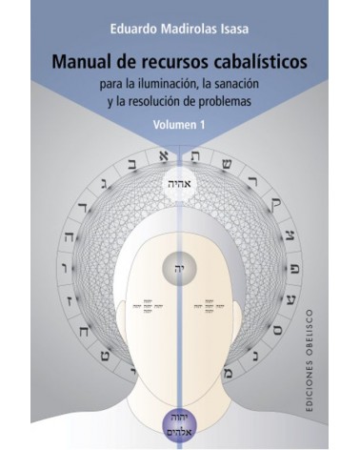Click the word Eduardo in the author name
[x=114, y=16]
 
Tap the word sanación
[x=243, y=86]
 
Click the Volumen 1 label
[x=181, y=123]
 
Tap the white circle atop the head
[x=180, y=185]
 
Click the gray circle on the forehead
[x=180, y=266]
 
